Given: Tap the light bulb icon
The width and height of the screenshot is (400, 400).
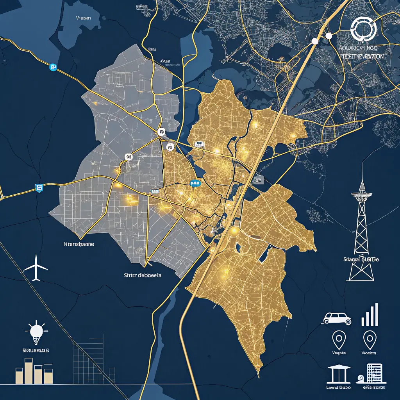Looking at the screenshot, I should pos(36,332).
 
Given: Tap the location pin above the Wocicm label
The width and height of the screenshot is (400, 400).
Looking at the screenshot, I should pos(369,339).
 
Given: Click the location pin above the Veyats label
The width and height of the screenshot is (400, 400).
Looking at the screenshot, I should pos(338,339).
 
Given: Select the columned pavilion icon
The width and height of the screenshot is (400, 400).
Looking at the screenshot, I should pos(339,374).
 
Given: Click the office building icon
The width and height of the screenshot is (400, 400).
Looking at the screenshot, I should pos(374,373).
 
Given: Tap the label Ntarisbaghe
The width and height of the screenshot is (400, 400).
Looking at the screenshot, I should pos(79,244).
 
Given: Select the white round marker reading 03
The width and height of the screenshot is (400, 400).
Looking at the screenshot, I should pos(129,157).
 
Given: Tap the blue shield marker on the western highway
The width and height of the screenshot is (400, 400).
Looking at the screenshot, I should pos(39,188).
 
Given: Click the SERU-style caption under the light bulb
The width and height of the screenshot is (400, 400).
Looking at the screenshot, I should pos(36,350).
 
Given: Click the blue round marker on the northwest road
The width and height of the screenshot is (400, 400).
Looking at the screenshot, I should pos(53,68).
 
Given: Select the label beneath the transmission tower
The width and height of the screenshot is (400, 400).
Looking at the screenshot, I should pos(361,259).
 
